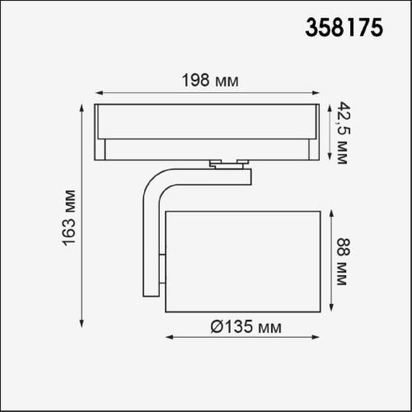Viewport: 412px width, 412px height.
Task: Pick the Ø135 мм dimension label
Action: (245, 327)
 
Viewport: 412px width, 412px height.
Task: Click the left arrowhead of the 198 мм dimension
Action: (96, 92)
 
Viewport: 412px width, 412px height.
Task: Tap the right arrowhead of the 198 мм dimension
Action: (317, 92)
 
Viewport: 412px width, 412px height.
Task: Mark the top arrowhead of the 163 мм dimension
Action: (82, 107)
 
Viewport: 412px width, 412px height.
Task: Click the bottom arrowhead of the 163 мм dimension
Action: (82, 324)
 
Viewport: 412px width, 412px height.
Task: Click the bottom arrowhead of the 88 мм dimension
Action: (330, 311)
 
